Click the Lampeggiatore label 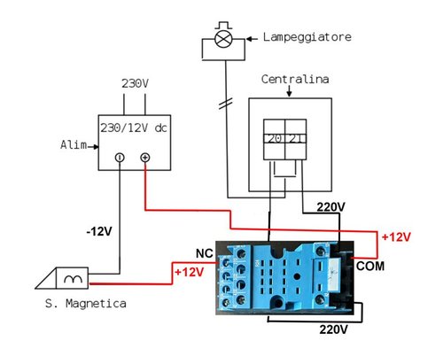tap(306, 37)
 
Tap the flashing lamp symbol tap(225, 40)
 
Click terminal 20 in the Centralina tap(275, 138)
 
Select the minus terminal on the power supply tap(120, 158)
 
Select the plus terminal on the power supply tap(145, 158)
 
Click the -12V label tap(99, 232)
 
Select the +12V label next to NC tap(190, 271)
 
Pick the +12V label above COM tap(395, 236)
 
